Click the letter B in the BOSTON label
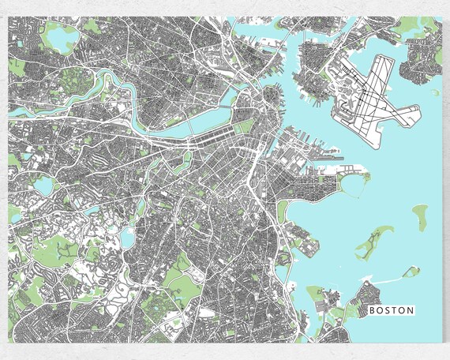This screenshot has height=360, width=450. click(x=373, y=310)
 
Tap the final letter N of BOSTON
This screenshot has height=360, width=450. click(x=410, y=310)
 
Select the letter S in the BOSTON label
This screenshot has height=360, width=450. click(x=388, y=310)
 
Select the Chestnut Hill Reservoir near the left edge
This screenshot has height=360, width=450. click(x=43, y=186)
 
